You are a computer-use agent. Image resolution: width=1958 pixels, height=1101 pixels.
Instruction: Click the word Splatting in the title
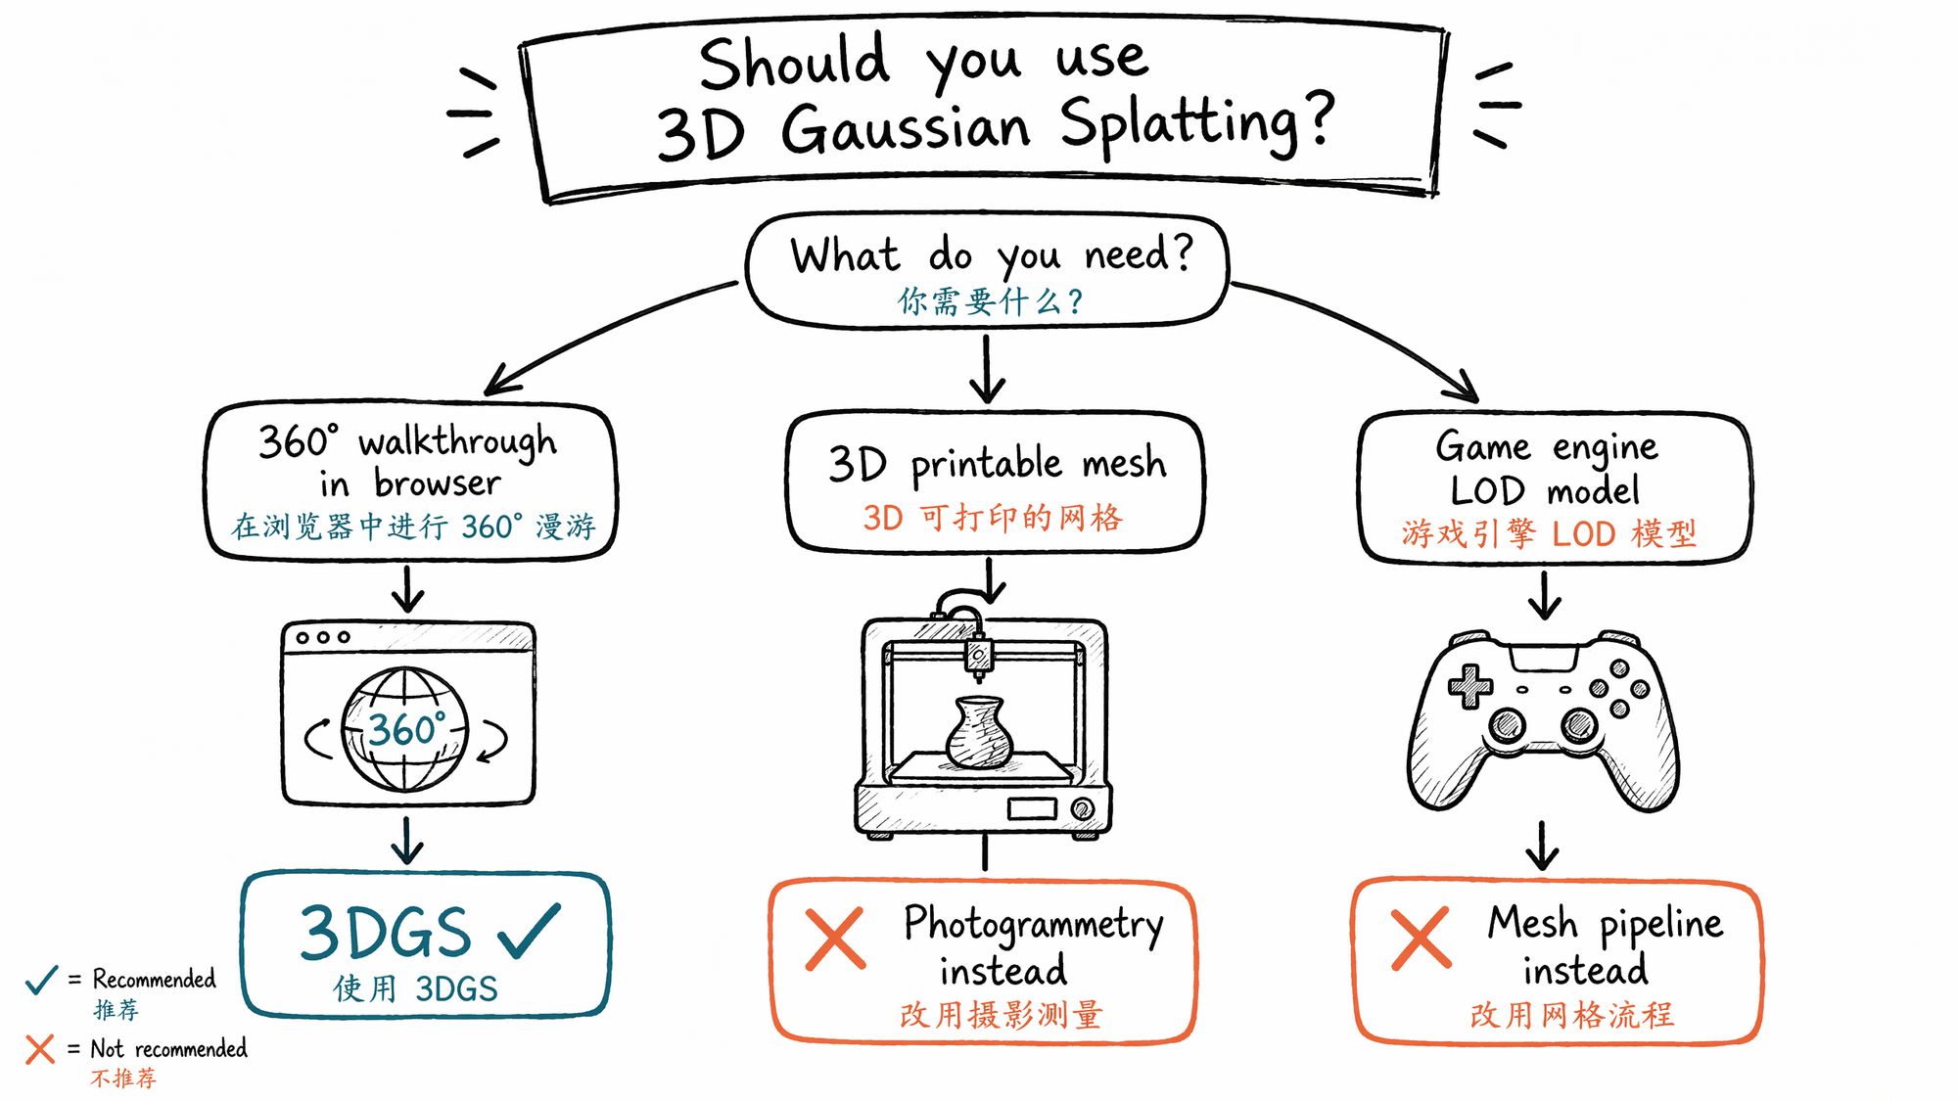(1197, 123)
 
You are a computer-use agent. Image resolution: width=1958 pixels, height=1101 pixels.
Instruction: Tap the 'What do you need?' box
(987, 270)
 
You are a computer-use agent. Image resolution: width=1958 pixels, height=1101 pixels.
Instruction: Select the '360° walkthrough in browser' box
(411, 481)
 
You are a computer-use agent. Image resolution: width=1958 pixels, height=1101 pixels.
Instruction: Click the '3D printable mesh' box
(996, 482)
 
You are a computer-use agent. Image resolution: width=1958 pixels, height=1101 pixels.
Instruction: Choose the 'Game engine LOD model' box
(1555, 488)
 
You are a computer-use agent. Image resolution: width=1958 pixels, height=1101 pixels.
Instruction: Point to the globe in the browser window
(404, 729)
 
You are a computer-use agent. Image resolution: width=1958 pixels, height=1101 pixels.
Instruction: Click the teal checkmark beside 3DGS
(530, 930)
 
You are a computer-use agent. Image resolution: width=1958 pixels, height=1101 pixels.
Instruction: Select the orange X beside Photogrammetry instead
(835, 939)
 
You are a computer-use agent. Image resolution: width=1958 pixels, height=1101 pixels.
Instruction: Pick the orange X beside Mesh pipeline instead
(1422, 939)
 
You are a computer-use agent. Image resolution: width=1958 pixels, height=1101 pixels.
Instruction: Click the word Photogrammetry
(1034, 925)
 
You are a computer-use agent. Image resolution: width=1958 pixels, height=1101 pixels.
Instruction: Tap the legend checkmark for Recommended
(41, 979)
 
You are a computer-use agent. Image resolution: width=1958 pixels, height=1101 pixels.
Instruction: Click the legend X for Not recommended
(40, 1049)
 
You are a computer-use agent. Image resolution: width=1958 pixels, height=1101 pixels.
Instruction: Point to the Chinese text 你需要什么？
(991, 300)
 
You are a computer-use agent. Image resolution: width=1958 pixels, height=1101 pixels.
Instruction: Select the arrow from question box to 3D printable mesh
(987, 369)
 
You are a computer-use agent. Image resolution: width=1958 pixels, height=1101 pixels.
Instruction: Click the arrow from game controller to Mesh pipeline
(1543, 846)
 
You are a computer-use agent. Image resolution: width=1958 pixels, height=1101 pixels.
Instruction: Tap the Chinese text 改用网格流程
(1572, 1015)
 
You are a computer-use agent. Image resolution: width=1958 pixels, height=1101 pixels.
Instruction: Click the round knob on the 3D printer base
(1082, 809)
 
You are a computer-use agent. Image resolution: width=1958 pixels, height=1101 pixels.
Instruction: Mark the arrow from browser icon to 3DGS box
(407, 840)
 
